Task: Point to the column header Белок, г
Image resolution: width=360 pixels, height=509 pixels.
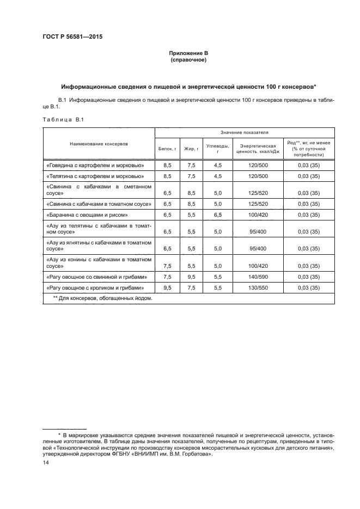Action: click(167, 148)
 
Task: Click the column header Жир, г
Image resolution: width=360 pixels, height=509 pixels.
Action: click(191, 148)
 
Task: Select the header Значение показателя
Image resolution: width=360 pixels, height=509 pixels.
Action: click(244, 132)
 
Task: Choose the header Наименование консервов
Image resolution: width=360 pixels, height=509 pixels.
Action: click(99, 144)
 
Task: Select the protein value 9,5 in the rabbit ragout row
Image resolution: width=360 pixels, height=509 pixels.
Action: click(167, 287)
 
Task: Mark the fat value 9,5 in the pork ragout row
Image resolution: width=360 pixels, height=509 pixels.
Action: click(191, 277)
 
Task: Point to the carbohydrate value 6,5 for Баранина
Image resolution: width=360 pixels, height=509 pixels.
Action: click(218, 215)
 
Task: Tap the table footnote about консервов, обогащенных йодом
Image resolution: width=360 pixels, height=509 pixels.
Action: click(103, 298)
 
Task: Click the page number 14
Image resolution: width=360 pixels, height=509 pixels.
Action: click(46, 462)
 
